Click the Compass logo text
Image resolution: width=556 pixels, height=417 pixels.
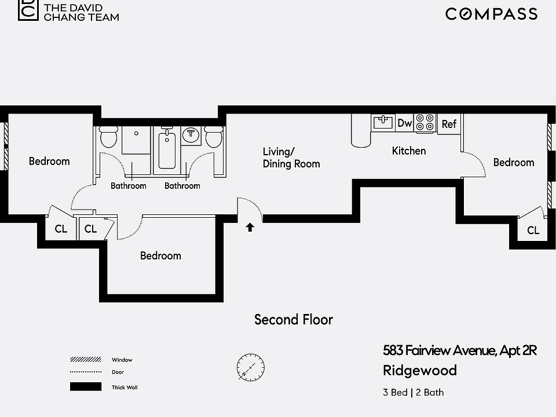491,14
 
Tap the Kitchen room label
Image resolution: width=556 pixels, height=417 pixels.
409,151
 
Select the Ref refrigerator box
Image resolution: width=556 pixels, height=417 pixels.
449,124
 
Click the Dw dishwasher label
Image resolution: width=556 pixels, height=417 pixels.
405,123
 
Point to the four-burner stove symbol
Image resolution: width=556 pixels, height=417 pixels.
425,123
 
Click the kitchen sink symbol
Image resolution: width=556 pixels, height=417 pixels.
383,122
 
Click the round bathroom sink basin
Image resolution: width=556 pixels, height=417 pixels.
191,135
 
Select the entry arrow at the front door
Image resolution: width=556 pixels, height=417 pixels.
250,227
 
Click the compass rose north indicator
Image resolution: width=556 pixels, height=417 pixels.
251,367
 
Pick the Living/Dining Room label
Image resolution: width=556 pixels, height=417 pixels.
291,158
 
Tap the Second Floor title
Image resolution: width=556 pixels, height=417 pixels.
294,320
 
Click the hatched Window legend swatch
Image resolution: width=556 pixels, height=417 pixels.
86,360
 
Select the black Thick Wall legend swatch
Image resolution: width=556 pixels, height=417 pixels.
86,386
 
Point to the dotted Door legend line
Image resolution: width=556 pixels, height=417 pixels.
86,372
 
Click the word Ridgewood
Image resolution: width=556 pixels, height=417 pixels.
420,371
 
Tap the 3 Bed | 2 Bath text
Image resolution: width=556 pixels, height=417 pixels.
413,393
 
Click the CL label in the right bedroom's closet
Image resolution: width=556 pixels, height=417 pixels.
533,231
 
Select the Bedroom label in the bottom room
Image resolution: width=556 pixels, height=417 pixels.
160,255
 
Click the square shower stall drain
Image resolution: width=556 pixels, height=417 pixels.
136,134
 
